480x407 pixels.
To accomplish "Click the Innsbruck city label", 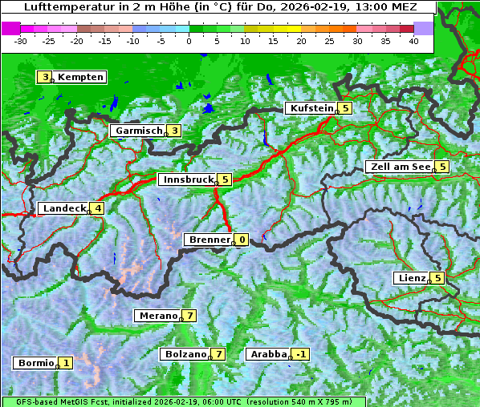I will (187, 179).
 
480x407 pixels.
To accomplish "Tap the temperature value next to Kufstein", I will (345, 108).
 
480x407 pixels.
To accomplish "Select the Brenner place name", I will (209, 240).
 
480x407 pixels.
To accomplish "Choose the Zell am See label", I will (399, 167).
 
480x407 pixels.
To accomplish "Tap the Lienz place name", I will (411, 278).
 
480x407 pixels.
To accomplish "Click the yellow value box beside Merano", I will (189, 316).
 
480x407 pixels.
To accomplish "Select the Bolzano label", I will (185, 354).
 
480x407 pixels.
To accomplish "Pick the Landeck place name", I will (63, 208).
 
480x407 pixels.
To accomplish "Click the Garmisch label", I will (138, 131).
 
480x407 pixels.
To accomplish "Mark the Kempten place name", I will (80, 77).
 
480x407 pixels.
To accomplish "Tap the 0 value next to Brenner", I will (242, 240).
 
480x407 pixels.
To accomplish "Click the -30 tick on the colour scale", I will (21, 40).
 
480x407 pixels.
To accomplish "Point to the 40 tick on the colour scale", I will (413, 40).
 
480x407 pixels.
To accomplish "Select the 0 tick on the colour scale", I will (189, 40).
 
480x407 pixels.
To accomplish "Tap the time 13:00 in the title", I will (366, 7).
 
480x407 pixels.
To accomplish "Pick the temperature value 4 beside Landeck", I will (98, 208).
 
